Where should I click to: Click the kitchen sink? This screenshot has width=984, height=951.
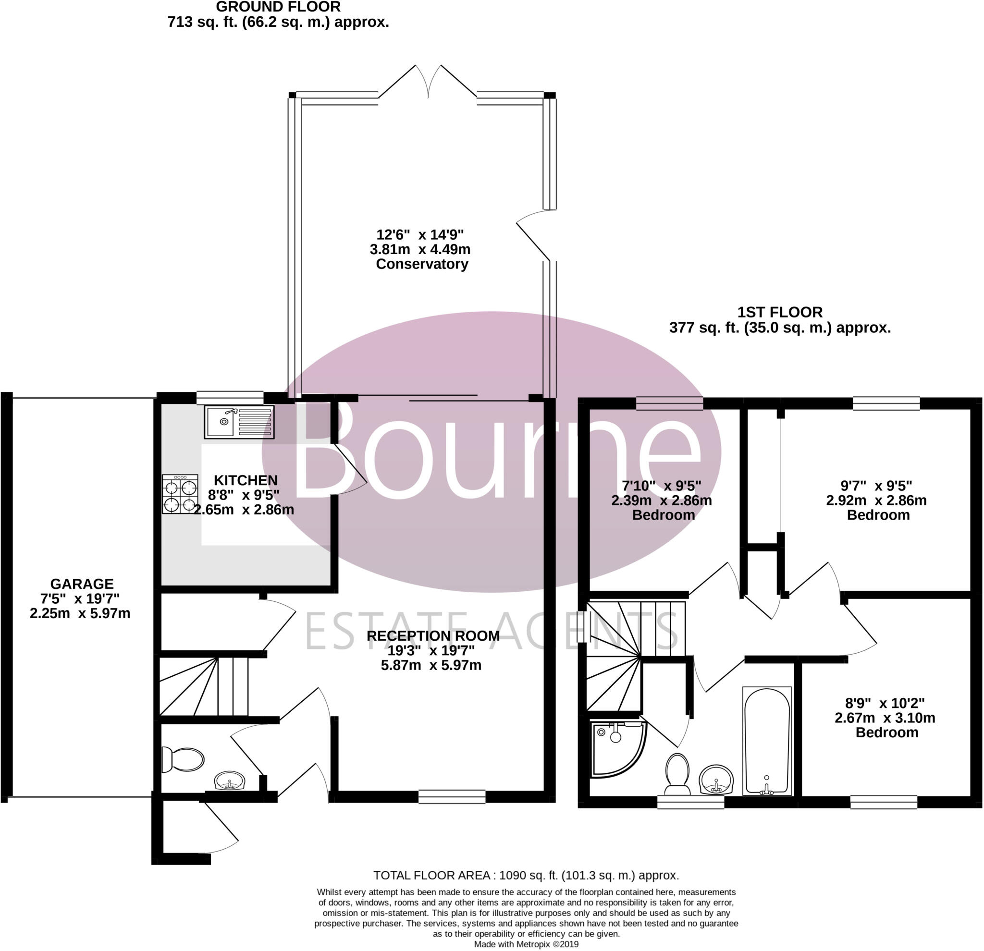pyautogui.click(x=239, y=422)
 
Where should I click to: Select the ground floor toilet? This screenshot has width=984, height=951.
pyautogui.click(x=182, y=760)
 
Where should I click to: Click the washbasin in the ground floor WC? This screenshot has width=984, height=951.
pyautogui.click(x=230, y=781)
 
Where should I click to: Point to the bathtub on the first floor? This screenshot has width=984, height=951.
pyautogui.click(x=767, y=741)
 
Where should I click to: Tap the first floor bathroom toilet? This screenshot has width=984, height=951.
pyautogui.click(x=677, y=774)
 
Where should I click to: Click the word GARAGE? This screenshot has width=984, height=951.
pyautogui.click(x=82, y=584)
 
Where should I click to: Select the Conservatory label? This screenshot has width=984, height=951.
pyautogui.click(x=422, y=264)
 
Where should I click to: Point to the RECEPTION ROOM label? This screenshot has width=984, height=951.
pyautogui.click(x=433, y=636)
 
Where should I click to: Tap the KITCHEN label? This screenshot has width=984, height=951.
pyautogui.click(x=246, y=480)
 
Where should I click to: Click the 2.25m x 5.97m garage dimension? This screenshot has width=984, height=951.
pyautogui.click(x=80, y=613)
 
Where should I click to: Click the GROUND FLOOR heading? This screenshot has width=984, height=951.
pyautogui.click(x=278, y=7)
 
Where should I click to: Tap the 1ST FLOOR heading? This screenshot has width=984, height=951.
pyautogui.click(x=780, y=312)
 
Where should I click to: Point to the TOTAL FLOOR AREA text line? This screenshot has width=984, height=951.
pyautogui.click(x=526, y=875)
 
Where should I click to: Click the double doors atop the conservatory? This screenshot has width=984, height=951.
pyautogui.click(x=428, y=82)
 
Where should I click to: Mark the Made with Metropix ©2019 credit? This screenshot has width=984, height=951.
pyautogui.click(x=526, y=944)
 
